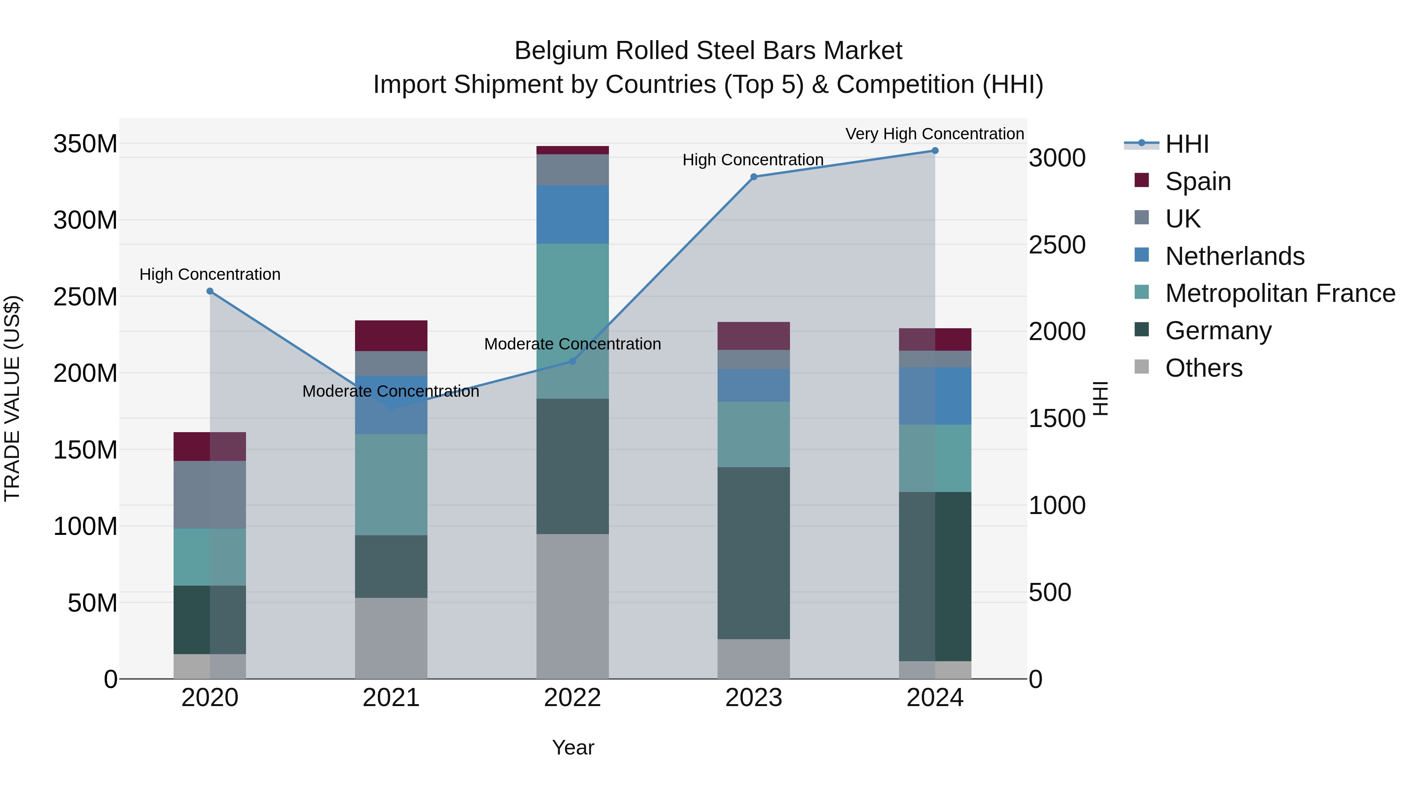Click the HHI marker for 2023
pyautogui.click(x=754, y=177)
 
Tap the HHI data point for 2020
pyautogui.click(x=209, y=291)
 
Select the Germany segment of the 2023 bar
pyautogui.click(x=754, y=553)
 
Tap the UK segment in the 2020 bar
pyautogui.click(x=209, y=494)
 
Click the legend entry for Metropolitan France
pyautogui.click(x=1280, y=293)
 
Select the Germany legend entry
pyautogui.click(x=1218, y=331)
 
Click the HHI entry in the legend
pyautogui.click(x=1186, y=144)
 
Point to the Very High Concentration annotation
pyautogui.click(x=934, y=134)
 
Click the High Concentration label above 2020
pyautogui.click(x=209, y=274)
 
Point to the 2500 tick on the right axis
pyautogui.click(x=1057, y=245)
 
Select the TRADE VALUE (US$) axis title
pyautogui.click(x=12, y=398)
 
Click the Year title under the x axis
pyautogui.click(x=573, y=747)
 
